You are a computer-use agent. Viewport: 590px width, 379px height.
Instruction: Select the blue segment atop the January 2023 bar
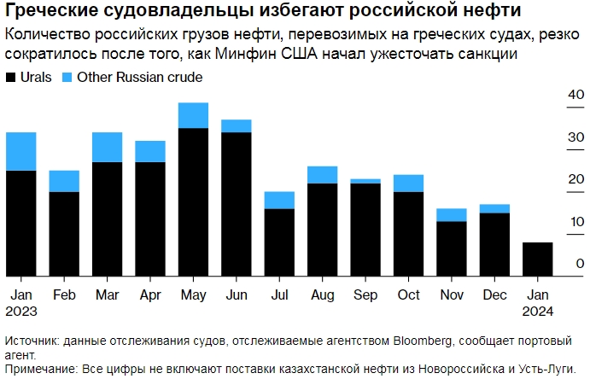coord(20,151)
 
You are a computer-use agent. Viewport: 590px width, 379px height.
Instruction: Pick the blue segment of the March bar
coord(107,147)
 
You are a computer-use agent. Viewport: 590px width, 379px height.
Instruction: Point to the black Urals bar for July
coord(279,242)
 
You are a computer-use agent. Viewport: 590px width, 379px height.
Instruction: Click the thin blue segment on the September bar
coord(365,181)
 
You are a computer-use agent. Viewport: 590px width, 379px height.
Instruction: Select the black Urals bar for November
coord(452,248)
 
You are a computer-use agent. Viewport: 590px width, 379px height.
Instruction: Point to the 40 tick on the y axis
coord(576,95)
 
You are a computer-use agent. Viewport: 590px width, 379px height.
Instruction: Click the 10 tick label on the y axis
coord(576,222)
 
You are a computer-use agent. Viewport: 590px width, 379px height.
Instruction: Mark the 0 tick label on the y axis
coord(580,264)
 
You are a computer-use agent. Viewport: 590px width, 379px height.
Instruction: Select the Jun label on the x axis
coord(236,294)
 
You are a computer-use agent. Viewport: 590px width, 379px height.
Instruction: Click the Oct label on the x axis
coord(409,294)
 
